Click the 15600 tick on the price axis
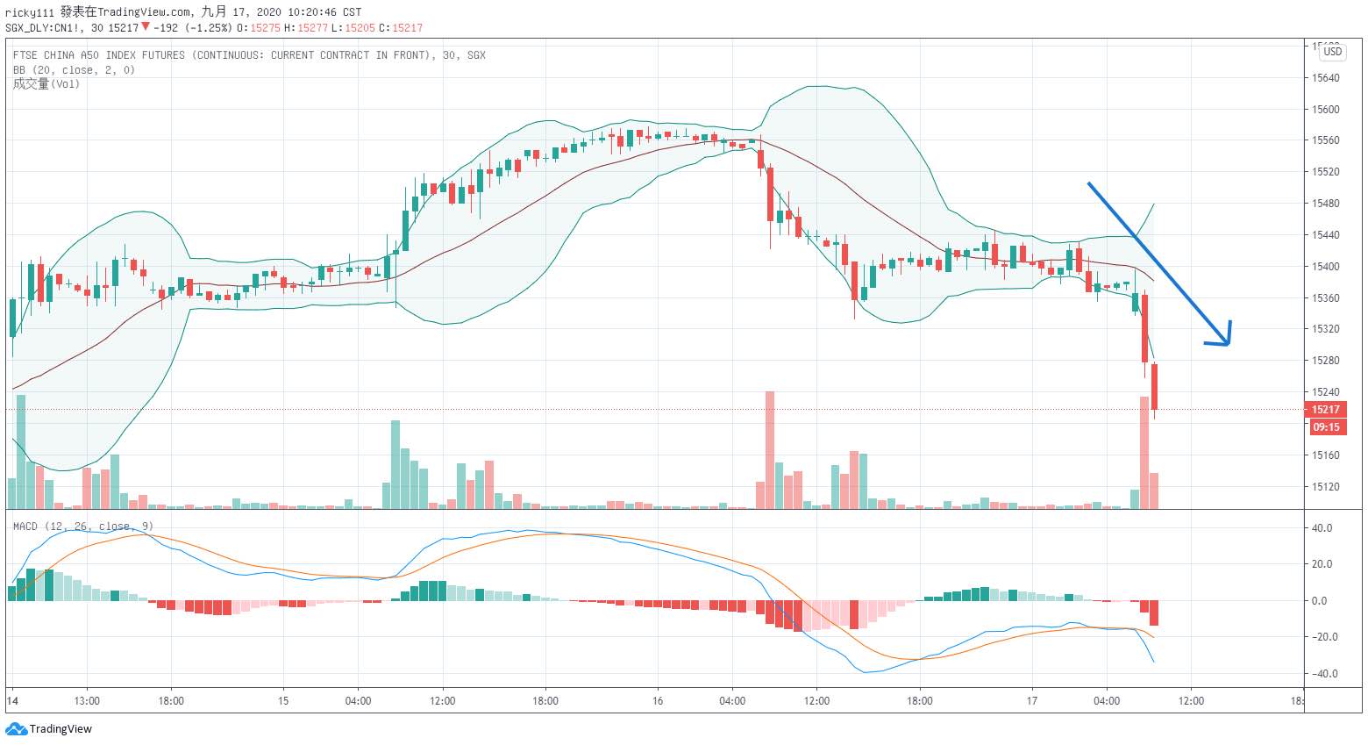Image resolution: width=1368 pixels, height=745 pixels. (1325, 110)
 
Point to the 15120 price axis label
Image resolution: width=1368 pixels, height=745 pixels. (1325, 486)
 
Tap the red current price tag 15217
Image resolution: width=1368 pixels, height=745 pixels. (1325, 410)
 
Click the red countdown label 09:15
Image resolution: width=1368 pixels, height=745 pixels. (1326, 427)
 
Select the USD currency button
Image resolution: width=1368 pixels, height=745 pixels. (1332, 52)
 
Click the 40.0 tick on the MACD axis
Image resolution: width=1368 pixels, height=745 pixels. (1322, 528)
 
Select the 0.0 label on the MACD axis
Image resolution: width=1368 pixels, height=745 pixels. (1319, 601)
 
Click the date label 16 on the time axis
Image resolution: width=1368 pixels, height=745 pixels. (658, 701)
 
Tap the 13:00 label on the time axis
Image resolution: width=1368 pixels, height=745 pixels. (87, 701)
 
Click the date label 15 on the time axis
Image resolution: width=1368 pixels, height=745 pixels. (283, 701)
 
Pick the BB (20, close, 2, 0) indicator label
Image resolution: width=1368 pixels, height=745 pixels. (74, 70)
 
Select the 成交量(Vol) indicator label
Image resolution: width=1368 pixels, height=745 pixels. (46, 84)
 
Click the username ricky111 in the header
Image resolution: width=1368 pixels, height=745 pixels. (30, 12)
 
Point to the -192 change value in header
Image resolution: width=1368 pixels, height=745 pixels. (166, 28)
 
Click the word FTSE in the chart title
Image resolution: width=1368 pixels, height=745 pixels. (27, 55)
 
